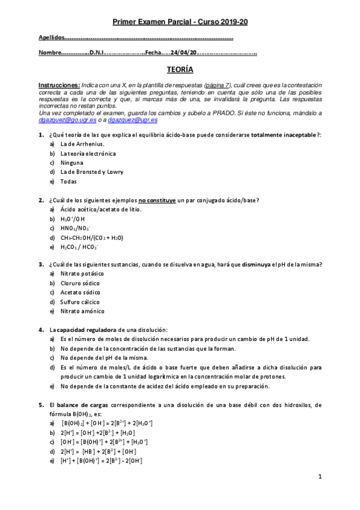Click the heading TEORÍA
(180, 70)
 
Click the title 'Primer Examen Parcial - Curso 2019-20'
(180, 22)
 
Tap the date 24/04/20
(183, 52)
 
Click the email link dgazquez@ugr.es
(132, 120)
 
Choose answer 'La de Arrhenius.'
(82, 144)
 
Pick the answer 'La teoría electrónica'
(88, 153)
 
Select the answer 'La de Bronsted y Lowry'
(91, 172)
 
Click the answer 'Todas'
(69, 181)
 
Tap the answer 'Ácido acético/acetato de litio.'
(101, 209)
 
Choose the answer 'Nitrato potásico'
(82, 274)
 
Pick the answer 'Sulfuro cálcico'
(80, 302)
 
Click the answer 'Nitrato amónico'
(82, 311)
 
